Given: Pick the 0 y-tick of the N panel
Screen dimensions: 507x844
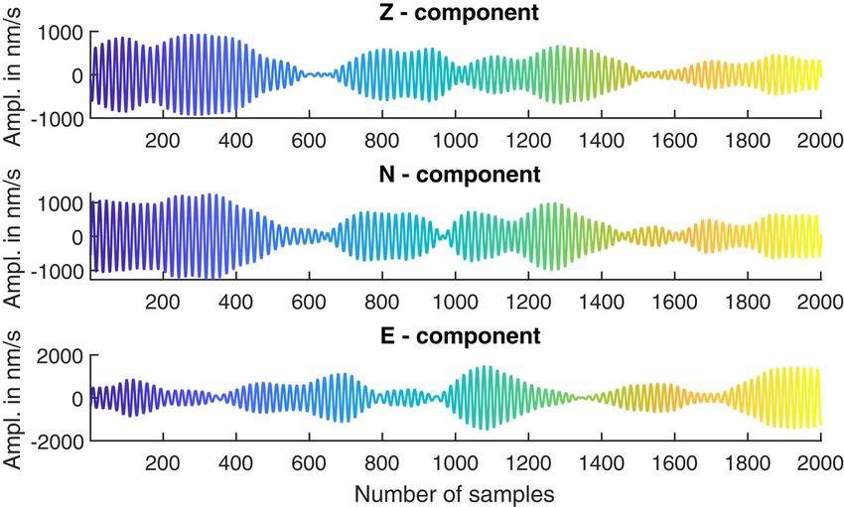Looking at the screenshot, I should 78,237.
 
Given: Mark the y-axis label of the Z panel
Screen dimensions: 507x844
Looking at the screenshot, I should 16,75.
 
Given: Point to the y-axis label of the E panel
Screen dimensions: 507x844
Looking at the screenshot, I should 16,398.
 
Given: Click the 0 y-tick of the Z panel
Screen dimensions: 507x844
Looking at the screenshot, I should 78,75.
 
